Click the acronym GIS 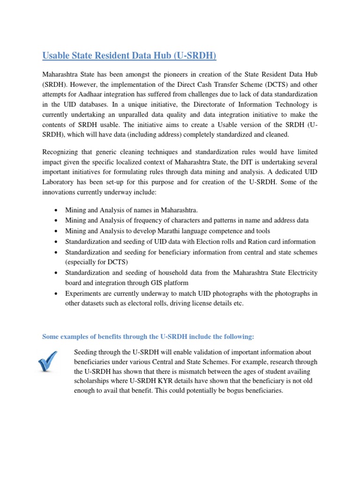[x=166, y=283]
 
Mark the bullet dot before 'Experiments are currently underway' [x=56, y=293]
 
